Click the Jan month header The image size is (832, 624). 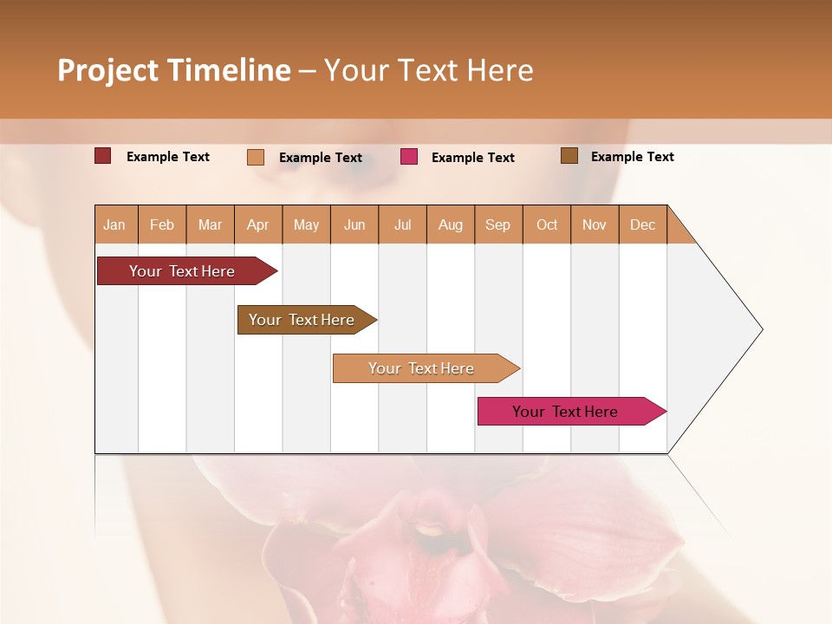[115, 224]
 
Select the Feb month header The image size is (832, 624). [162, 224]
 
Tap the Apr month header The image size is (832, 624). [258, 224]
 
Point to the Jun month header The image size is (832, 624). [354, 224]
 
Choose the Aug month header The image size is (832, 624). [451, 224]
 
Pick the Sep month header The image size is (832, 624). [498, 224]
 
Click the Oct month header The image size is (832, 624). [547, 224]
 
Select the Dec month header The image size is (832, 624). [643, 224]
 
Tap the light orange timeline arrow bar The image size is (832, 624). [422, 368]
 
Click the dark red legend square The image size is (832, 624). [103, 156]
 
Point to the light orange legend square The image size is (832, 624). [256, 157]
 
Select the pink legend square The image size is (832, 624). [409, 157]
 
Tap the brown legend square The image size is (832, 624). [569, 156]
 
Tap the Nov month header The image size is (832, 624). [595, 224]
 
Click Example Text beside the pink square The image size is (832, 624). [472, 158]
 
